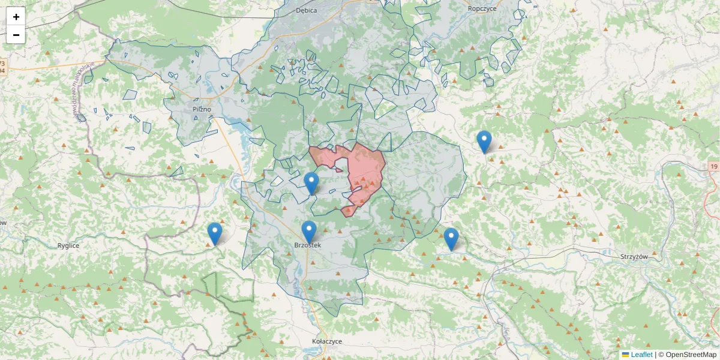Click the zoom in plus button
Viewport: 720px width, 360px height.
point(16,17)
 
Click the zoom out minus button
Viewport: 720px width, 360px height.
point(16,35)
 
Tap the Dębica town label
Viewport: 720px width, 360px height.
point(306,10)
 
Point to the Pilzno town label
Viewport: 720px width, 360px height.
point(202,109)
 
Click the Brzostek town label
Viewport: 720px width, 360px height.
point(308,245)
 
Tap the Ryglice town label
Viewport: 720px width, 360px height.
point(68,245)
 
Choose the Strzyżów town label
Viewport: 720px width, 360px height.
point(635,256)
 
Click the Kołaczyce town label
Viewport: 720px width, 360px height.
point(327,341)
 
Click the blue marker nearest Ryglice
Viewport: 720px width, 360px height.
point(214,233)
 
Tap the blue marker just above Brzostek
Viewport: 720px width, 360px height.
point(308,232)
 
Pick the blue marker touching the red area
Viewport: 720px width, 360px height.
point(311,183)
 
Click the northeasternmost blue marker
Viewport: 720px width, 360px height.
point(484,142)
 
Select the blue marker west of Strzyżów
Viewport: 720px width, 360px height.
point(451,239)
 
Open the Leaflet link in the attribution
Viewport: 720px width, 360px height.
point(641,355)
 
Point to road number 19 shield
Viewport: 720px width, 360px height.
point(713,166)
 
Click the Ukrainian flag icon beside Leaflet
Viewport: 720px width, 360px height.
point(625,355)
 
